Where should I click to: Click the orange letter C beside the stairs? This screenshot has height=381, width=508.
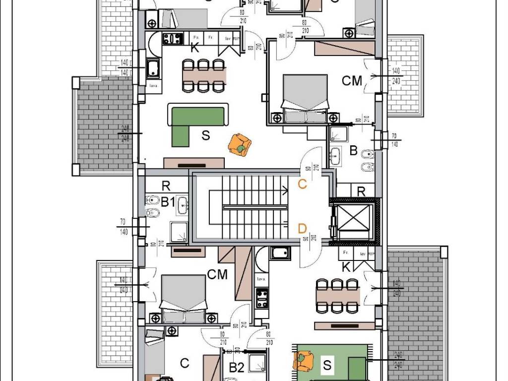tap(302, 184)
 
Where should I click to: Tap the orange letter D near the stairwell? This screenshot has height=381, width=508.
tap(302, 228)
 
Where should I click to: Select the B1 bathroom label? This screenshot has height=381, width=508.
tap(168, 201)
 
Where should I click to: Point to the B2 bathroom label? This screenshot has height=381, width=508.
tap(237, 368)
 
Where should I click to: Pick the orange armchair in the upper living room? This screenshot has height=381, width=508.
tap(240, 144)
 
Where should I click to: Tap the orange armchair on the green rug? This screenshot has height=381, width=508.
tap(303, 360)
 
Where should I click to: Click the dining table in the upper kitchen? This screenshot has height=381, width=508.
tap(204, 75)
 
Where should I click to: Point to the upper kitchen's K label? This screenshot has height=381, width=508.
tap(195, 48)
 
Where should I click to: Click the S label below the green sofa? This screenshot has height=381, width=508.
tap(205, 135)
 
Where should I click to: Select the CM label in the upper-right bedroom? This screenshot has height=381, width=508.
tap(352, 81)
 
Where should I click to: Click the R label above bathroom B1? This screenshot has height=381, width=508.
tap(166, 186)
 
